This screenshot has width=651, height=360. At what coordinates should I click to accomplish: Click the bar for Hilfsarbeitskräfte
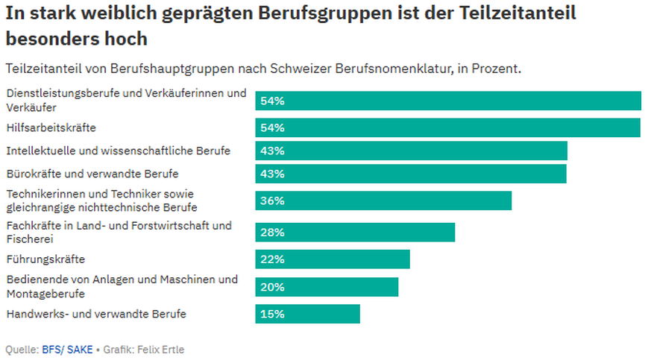[447, 127]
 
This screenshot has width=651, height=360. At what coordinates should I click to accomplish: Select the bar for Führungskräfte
[333, 259]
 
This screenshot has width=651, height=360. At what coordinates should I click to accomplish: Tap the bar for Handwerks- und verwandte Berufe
[307, 314]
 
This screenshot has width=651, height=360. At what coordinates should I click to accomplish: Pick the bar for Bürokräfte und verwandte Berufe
[411, 174]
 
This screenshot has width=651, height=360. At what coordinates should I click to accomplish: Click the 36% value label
[272, 201]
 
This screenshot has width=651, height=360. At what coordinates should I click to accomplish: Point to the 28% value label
[272, 233]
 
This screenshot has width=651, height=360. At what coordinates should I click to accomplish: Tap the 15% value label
[272, 314]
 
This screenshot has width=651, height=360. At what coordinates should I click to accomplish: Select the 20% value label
[272, 287]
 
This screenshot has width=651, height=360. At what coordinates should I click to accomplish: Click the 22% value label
[272, 259]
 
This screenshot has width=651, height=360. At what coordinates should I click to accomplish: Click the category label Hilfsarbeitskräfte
[51, 127]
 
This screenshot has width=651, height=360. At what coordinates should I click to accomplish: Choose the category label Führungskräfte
[45, 259]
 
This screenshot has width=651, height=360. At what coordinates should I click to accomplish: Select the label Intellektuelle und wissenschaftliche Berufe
[118, 151]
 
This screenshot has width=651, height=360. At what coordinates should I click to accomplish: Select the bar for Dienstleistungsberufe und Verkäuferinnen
[448, 101]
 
